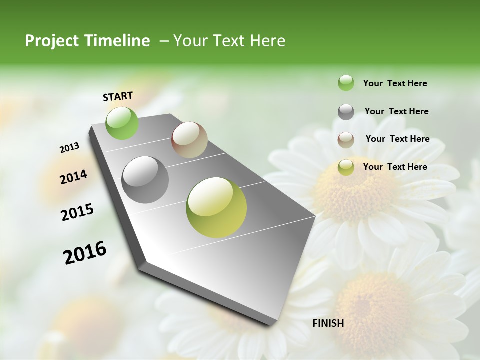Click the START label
[x=118, y=96]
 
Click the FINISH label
[x=328, y=323]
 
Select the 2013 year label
[x=69, y=148]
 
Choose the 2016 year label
[x=85, y=253]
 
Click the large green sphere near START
[x=122, y=123]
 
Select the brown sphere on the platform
[x=189, y=140]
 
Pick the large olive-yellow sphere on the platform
[x=216, y=207]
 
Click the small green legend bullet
[x=346, y=83]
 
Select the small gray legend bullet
[x=346, y=112]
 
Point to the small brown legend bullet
[x=346, y=140]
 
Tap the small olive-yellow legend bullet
[x=346, y=167]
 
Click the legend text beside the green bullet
[x=395, y=83]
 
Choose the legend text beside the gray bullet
[x=396, y=111]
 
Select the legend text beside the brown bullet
[x=397, y=139]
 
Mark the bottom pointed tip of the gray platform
[x=273, y=325]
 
